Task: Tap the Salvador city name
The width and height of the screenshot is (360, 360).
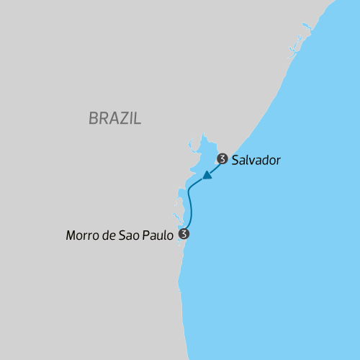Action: (x=256, y=160)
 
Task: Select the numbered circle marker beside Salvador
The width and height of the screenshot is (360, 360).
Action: (x=222, y=159)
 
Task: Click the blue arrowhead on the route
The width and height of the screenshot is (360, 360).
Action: (x=207, y=175)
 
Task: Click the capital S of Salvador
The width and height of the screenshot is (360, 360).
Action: (x=235, y=160)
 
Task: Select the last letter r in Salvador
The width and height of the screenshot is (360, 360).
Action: (x=277, y=161)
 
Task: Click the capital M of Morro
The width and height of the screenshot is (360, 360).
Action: (x=70, y=235)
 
